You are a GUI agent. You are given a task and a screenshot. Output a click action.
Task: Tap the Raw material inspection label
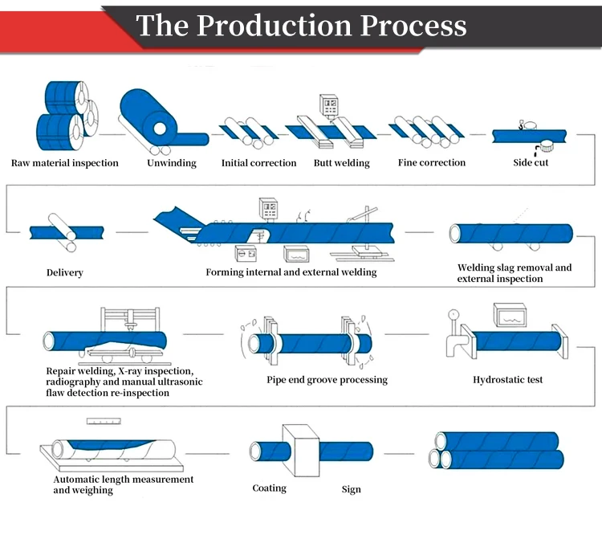click(65, 163)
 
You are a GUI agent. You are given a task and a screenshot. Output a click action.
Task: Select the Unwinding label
click(172, 163)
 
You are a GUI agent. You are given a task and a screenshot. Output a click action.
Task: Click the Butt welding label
click(342, 163)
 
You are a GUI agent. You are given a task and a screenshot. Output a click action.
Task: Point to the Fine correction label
click(432, 163)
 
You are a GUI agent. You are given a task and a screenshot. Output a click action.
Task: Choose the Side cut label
click(531, 163)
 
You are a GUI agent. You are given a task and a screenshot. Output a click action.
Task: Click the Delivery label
click(65, 272)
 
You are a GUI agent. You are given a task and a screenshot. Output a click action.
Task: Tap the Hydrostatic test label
click(508, 379)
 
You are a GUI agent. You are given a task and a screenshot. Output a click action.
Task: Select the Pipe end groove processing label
click(327, 379)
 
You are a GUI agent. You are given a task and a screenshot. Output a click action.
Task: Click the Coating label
click(270, 488)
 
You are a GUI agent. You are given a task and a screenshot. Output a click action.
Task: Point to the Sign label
click(351, 488)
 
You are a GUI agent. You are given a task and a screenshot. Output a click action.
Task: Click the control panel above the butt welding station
click(329, 107)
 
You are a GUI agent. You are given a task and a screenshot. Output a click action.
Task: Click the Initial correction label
click(258, 163)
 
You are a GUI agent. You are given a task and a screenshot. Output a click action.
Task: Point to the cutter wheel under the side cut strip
click(549, 146)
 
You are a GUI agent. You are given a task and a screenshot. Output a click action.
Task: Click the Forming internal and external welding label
click(291, 272)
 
